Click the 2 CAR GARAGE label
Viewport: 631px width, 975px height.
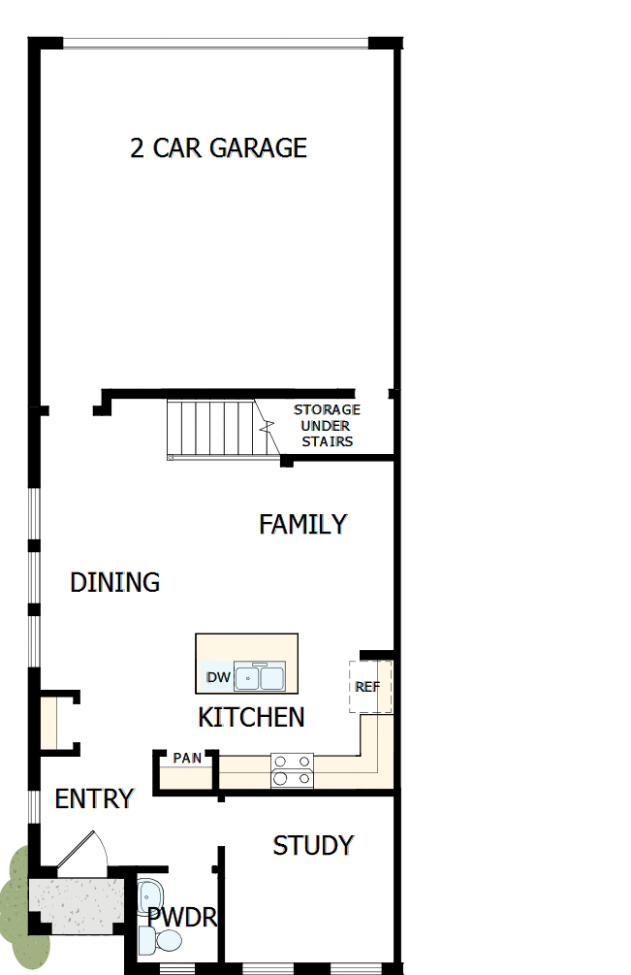218,147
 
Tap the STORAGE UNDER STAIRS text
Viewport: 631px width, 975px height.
327,426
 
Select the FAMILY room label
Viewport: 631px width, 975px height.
302,524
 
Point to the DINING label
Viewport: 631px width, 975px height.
114,582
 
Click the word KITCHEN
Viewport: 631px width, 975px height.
251,717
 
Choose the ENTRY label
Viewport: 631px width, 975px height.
93,799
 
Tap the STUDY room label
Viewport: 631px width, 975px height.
312,845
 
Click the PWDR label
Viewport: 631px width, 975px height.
181,917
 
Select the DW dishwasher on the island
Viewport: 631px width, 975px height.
217,677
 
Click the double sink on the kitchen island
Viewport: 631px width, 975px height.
259,676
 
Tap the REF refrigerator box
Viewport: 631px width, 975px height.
368,687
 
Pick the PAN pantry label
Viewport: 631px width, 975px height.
187,758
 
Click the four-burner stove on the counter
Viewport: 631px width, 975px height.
293,769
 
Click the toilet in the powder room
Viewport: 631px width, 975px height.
162,940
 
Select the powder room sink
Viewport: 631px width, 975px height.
151,894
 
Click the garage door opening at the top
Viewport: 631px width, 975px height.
215,43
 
